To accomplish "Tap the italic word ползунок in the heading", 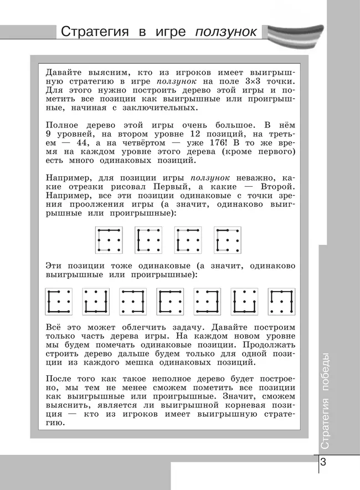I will pos(225,32).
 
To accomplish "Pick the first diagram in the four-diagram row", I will pos(109,239).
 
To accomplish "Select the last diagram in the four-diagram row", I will pos(229,239).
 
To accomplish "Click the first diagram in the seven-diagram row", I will pos(58,301).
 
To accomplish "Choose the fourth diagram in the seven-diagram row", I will pos(170,301).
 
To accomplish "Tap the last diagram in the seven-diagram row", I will pos(282,301).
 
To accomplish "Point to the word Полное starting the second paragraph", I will pos(62,125).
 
